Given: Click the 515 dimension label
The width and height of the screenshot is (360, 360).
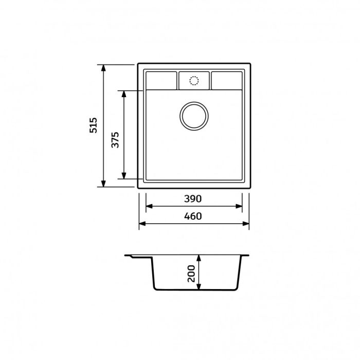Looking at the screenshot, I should tap(93, 125).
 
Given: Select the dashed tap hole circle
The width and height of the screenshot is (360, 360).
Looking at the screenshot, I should tap(194, 81).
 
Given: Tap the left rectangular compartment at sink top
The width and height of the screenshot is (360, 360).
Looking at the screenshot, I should tap(161, 80).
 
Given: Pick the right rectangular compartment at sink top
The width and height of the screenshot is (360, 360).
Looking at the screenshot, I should tap(226, 80).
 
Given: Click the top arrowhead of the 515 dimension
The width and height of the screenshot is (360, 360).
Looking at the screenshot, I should tap(103, 68).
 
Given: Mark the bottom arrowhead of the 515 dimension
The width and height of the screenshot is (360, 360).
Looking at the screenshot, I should tap(103, 184).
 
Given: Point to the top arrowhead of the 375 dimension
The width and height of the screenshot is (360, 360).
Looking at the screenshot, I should tap(124, 94).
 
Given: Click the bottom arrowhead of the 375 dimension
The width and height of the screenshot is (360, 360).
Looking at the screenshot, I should tap(124, 176).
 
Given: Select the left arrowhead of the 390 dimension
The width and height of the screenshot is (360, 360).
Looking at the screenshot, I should tap(149, 206).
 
